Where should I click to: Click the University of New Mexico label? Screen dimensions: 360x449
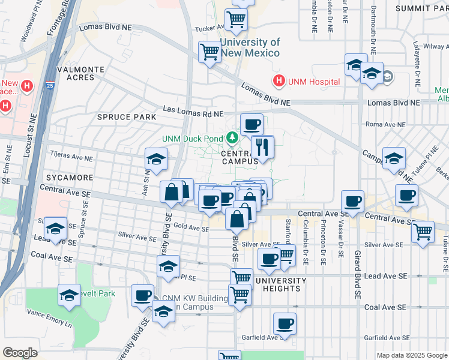[250, 47]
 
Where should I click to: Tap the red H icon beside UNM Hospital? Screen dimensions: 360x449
[279, 81]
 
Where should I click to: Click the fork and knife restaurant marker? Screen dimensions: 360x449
[262, 146]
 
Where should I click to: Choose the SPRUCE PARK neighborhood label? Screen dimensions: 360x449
[122, 117]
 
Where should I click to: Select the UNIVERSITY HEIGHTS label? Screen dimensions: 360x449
[277, 284]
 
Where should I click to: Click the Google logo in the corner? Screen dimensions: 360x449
[20, 352]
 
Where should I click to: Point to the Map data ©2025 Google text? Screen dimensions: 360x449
[412, 355]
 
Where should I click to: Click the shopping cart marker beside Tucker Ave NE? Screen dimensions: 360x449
[236, 20]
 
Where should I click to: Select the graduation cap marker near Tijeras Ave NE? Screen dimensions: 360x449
[155, 159]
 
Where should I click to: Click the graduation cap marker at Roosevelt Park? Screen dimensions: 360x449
[69, 295]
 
